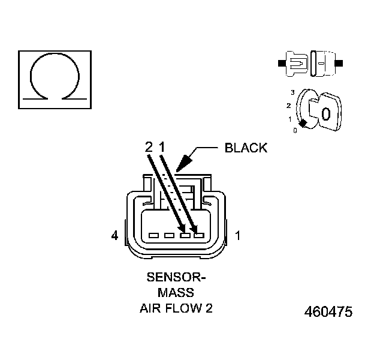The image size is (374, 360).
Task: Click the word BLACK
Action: pos(246,148)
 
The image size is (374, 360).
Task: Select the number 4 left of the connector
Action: pos(114,236)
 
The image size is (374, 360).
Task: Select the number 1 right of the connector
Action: pos(238,236)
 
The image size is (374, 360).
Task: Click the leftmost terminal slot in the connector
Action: pos(153,235)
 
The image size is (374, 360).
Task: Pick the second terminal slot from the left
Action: pos(170,235)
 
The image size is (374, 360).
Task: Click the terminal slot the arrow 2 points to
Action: pos(185,235)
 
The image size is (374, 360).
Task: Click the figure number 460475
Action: pos(328,312)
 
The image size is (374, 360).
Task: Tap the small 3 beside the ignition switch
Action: pos(292,92)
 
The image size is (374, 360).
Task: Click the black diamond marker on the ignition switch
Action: pos(304,123)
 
